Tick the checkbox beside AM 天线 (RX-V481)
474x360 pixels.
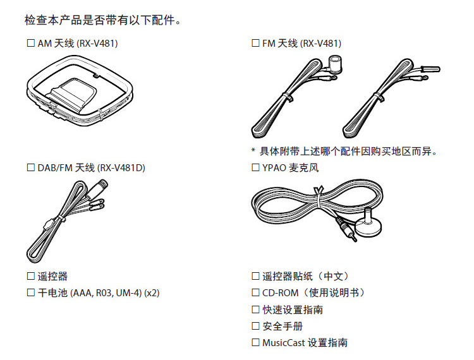click(30, 43)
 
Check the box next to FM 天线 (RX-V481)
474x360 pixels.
click(255, 43)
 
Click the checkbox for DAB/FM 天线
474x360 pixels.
click(30, 167)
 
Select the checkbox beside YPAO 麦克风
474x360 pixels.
click(255, 167)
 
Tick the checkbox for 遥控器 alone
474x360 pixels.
click(30, 276)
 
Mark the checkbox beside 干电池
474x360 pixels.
click(30, 292)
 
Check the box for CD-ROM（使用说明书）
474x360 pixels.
click(255, 292)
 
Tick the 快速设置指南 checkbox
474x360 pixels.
click(255, 309)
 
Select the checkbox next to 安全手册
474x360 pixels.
click(255, 326)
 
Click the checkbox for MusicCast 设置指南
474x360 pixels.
click(255, 342)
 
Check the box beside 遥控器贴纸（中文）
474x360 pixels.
click(255, 276)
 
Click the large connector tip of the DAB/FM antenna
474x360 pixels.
click(100, 186)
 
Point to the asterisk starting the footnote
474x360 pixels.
click(253, 150)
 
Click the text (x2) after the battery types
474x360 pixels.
click(152, 293)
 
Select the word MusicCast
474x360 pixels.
click(283, 343)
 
